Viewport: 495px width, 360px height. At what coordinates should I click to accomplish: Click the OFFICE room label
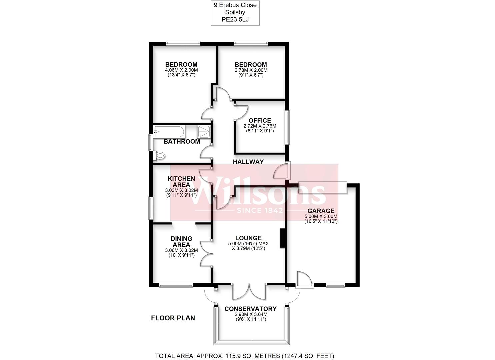(x=260, y=120)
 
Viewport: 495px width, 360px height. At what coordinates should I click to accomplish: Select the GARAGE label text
(x=321, y=211)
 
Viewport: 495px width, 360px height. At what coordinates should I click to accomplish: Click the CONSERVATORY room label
(x=250, y=309)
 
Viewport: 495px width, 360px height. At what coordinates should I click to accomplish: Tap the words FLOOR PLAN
(x=173, y=318)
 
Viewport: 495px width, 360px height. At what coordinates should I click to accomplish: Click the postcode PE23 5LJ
(x=235, y=20)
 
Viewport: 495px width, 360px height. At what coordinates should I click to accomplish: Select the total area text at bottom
(x=245, y=356)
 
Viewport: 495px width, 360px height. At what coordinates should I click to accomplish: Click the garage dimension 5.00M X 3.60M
(x=321, y=216)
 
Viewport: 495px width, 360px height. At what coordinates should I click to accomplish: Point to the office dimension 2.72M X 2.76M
(x=260, y=126)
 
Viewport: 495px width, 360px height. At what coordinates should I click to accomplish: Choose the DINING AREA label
(x=181, y=242)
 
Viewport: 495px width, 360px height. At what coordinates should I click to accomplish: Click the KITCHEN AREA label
(x=181, y=182)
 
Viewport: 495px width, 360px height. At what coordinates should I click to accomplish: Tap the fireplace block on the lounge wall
(x=282, y=238)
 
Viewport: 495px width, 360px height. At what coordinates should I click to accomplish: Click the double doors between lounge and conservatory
(x=249, y=291)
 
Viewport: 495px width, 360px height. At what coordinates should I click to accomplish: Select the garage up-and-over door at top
(x=322, y=187)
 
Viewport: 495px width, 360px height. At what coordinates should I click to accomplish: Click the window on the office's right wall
(x=287, y=127)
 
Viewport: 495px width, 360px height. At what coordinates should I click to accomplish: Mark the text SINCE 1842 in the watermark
(x=260, y=210)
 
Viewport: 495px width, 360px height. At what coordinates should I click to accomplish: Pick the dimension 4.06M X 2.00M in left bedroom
(x=181, y=70)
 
